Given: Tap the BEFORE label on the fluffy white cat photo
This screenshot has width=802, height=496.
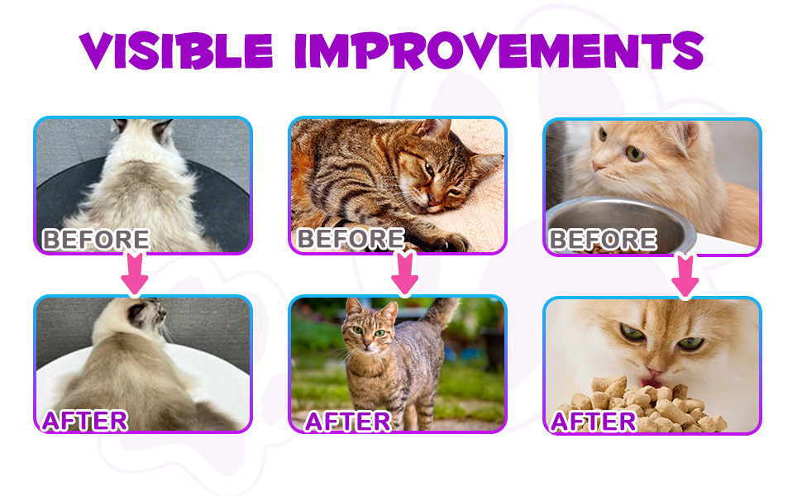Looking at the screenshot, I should [x=96, y=240].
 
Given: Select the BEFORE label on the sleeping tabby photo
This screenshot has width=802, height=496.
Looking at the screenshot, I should [x=351, y=239].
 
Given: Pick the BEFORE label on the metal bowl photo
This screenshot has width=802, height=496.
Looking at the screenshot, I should [x=603, y=240].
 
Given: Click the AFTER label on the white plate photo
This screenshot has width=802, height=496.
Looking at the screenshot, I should [x=84, y=420].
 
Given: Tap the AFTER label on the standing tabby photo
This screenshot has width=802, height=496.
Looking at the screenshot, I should [x=347, y=421].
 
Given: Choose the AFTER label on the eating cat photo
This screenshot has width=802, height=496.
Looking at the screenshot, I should [x=594, y=421].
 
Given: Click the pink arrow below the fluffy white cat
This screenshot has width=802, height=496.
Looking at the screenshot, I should [x=135, y=273].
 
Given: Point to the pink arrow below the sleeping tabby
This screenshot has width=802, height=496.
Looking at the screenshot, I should [x=403, y=273].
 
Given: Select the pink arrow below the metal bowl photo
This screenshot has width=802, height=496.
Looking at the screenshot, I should [x=685, y=274].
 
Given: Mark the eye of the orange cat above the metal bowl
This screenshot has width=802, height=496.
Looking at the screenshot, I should [x=634, y=153].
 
